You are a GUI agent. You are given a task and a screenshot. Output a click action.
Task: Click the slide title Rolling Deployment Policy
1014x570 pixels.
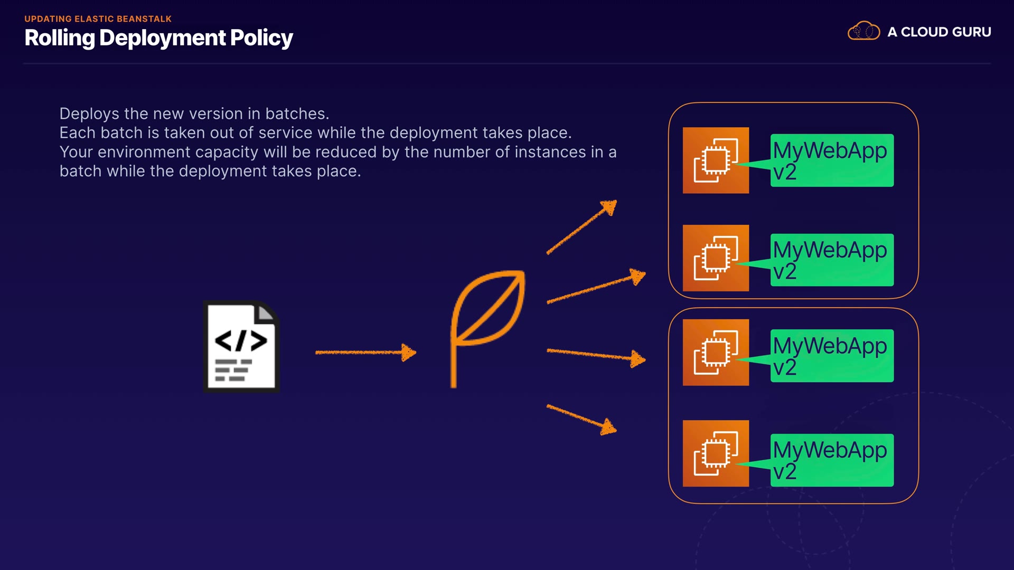point(158,38)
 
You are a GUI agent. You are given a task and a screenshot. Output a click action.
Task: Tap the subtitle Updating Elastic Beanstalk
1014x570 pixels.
point(98,19)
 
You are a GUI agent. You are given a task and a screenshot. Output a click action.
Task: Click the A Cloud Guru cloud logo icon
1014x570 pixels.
point(863,31)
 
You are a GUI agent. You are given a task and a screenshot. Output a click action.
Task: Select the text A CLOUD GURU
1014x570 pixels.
point(939,32)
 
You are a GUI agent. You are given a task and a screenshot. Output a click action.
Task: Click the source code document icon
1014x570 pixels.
point(241,346)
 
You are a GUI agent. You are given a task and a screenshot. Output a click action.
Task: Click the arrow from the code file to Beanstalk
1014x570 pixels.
point(365,352)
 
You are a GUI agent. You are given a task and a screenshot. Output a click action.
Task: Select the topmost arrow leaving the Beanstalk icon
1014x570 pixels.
point(581,227)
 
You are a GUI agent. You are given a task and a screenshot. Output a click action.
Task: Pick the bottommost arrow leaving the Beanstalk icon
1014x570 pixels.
point(581,420)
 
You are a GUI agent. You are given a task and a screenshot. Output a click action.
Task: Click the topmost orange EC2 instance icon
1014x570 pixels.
point(716,160)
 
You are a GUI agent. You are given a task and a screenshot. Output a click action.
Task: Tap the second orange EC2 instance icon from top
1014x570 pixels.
point(716,258)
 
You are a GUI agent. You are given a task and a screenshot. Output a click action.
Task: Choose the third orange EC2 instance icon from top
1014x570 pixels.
point(716,353)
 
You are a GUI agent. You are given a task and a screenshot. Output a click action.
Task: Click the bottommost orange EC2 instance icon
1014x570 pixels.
point(716,453)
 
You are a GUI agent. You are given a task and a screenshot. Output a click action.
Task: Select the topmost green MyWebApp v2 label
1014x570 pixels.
point(832,160)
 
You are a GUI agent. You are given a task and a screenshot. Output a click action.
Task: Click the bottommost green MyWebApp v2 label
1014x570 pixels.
point(832,460)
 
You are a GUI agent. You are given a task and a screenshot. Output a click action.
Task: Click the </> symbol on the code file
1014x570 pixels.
point(241,341)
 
